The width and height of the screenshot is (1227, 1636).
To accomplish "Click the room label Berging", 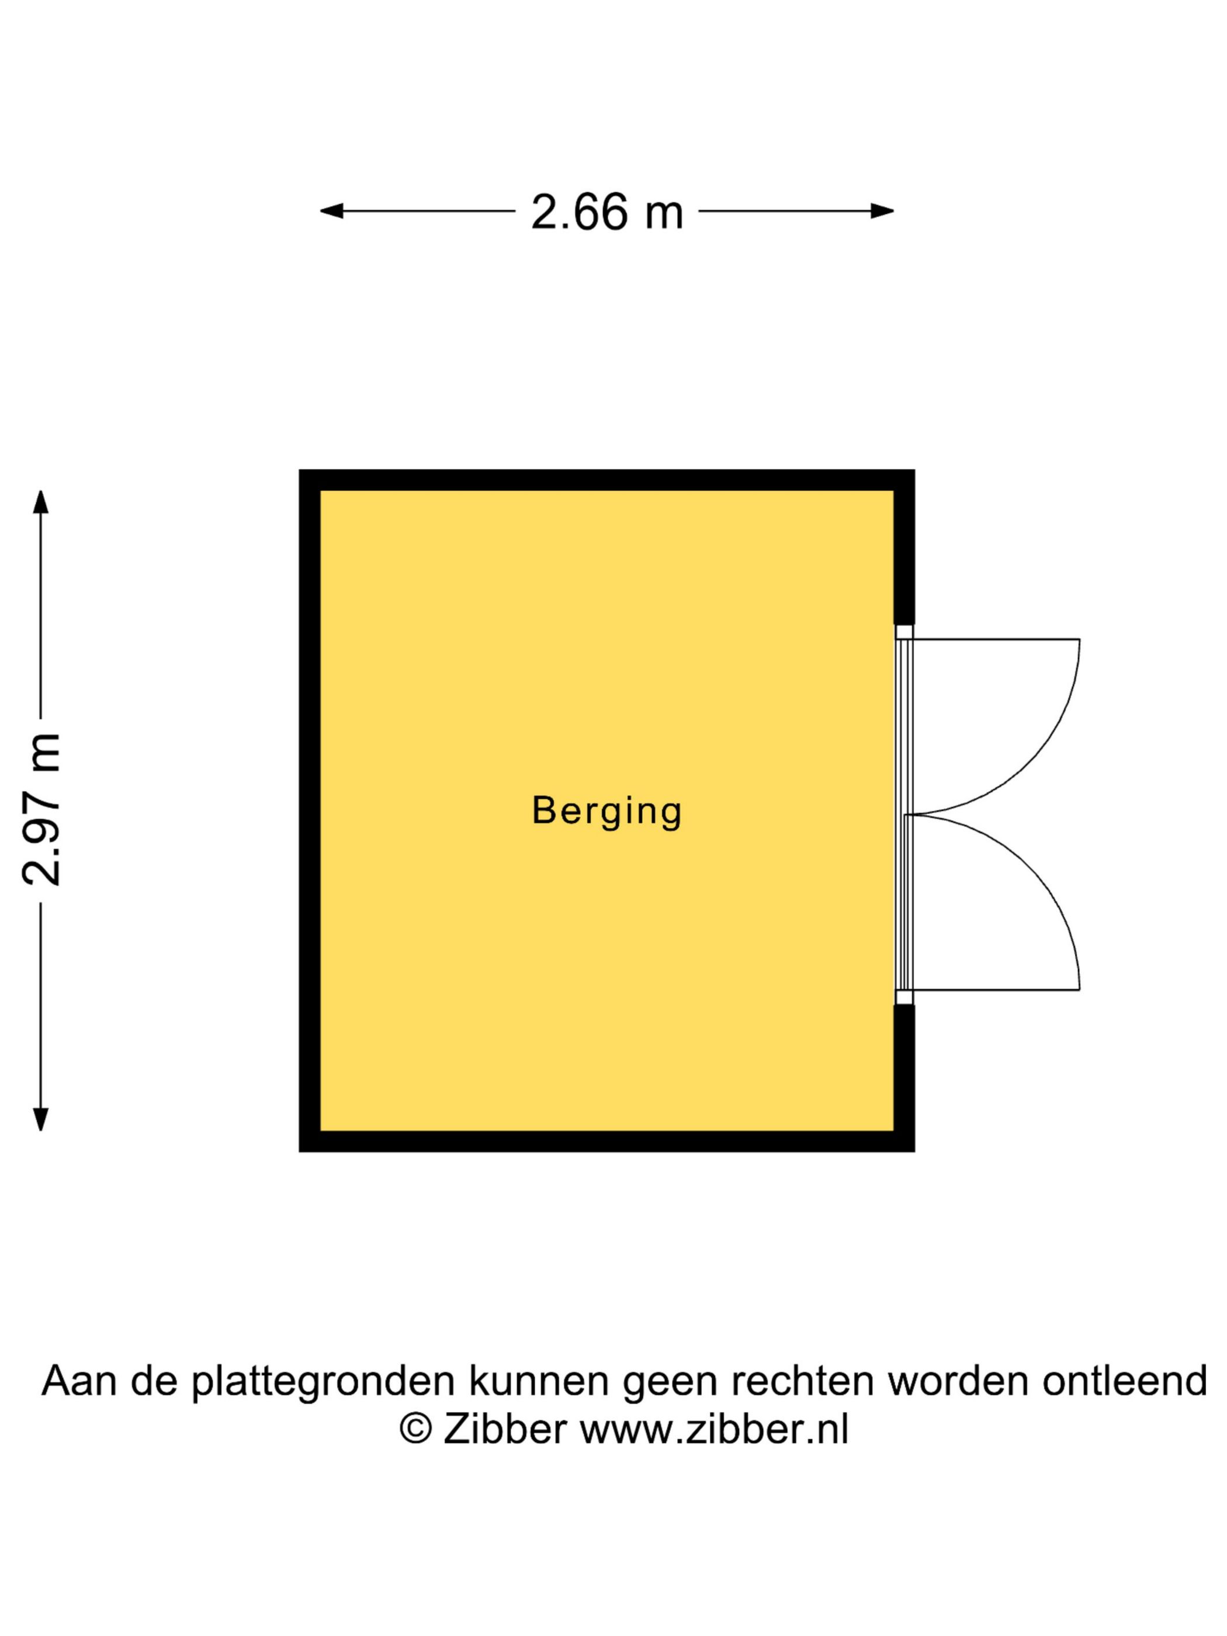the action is click(606, 812).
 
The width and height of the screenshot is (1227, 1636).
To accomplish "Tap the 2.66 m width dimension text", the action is click(606, 212).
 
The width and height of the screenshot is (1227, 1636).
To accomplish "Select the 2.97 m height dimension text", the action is click(41, 810).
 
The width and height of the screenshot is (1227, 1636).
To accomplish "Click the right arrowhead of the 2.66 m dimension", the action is click(882, 211).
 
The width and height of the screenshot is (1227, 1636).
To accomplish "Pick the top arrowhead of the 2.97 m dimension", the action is click(41, 501).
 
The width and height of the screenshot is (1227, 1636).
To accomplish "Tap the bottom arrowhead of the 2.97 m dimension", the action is click(41, 1119).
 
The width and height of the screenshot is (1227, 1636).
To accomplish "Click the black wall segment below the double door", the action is click(904, 1077).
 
